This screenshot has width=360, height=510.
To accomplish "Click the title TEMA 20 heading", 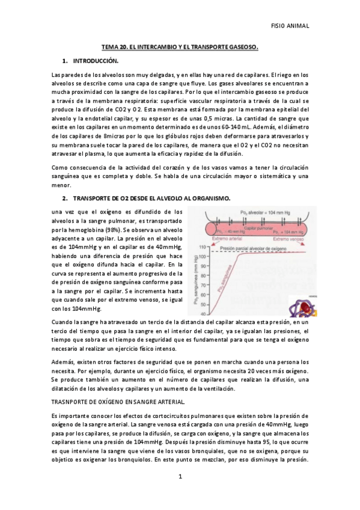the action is pos(179,46).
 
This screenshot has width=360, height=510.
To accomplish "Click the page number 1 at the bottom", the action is pos(180,477).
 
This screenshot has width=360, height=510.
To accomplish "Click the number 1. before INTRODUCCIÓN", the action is pos(65,61).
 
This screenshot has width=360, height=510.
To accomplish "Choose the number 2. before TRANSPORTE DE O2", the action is pos(65,198).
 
